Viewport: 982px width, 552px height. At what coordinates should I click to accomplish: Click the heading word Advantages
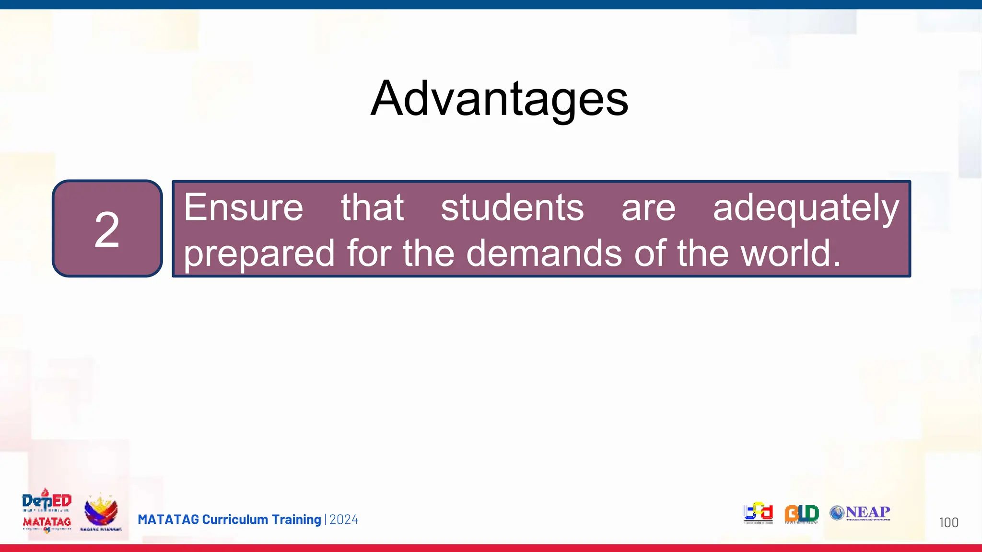click(499, 99)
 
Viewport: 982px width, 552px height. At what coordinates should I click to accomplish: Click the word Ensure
click(244, 207)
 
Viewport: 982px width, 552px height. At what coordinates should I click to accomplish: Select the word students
click(512, 207)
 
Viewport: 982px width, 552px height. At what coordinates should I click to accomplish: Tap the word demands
click(544, 253)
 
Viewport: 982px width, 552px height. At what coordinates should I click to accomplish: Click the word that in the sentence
click(372, 207)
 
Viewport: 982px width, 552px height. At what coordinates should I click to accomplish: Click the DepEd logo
click(47, 501)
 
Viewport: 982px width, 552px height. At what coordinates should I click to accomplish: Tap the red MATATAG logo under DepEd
click(47, 522)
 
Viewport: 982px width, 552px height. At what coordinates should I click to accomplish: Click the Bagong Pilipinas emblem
click(101, 512)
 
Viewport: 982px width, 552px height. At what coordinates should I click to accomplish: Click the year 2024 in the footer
click(344, 519)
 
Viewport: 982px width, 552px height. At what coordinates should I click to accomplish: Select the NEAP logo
click(860, 513)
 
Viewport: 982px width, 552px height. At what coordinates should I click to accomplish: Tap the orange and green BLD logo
click(801, 514)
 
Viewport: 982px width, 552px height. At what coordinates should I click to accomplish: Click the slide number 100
click(948, 522)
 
